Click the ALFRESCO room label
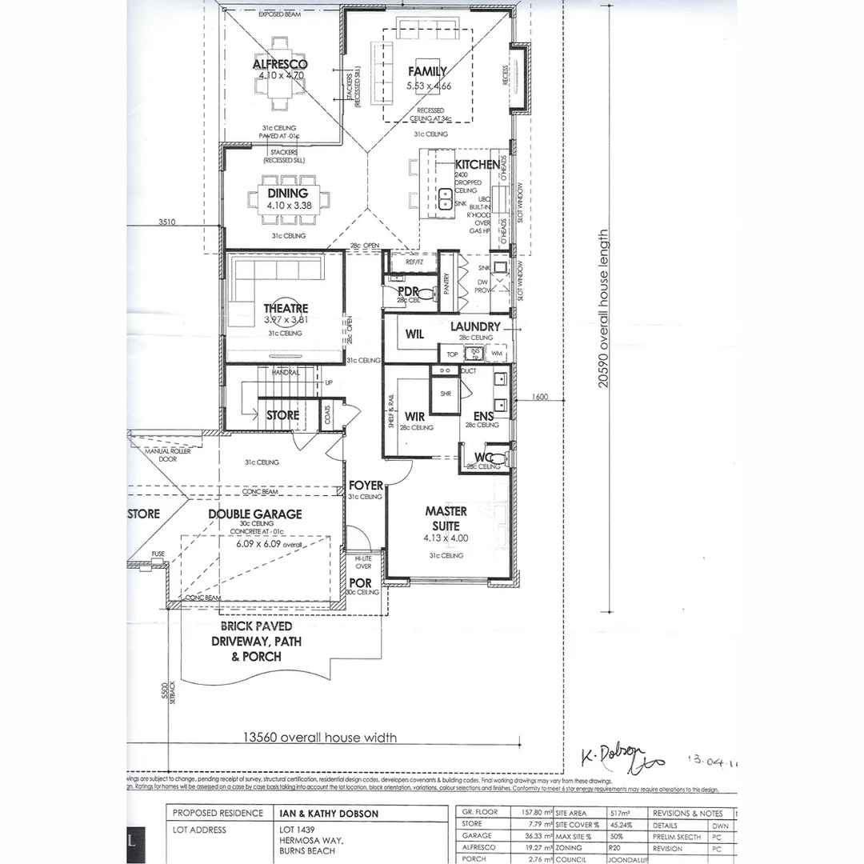[280, 64]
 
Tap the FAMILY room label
[427, 71]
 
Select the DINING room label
[287, 194]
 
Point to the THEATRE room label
[286, 309]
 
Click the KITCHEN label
[478, 165]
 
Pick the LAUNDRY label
[475, 326]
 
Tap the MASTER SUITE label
[446, 518]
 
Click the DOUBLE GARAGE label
[255, 514]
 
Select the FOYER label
[366, 486]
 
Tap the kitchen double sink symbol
[445, 194]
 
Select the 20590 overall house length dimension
[604, 310]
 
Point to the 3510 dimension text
[166, 222]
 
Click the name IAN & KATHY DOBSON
[328, 814]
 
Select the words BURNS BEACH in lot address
[308, 851]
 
